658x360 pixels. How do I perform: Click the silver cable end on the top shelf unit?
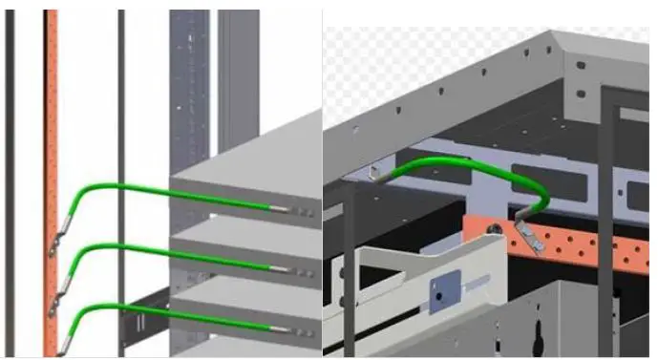point(281,209)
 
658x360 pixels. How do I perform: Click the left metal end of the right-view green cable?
point(382,173)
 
